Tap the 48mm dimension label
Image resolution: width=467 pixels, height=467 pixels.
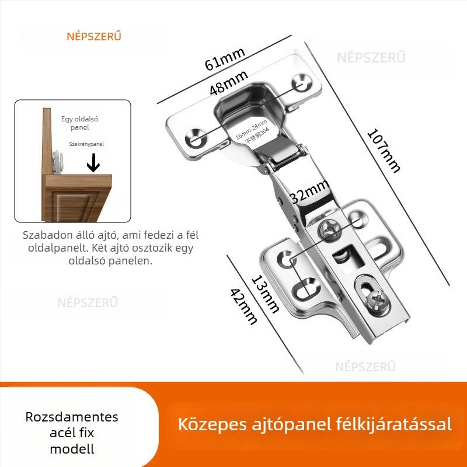(229, 82)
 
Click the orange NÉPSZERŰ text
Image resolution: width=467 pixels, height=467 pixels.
(93, 36)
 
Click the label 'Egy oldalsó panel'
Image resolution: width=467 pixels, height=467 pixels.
(79, 123)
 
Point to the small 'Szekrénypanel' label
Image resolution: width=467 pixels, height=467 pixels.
(86, 143)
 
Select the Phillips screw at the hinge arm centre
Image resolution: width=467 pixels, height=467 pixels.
(330, 231)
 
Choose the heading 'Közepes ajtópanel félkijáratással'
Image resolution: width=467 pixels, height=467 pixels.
(315, 424)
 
